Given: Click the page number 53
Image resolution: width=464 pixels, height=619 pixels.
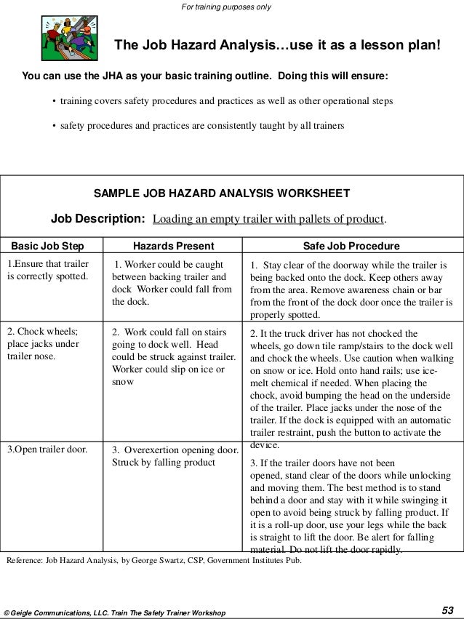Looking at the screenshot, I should (449, 610).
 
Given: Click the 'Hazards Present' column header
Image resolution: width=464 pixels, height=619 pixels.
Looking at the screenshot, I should (172, 245).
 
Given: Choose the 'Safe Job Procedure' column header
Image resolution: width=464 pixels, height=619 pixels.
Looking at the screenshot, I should (351, 245).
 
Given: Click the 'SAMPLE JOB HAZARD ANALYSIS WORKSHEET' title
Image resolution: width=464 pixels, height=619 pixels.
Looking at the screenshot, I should (223, 194).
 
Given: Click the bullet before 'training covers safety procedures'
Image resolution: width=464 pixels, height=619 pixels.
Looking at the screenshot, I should (55, 101).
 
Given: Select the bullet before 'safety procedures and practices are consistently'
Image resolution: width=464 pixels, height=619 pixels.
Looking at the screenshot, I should (55, 125).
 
